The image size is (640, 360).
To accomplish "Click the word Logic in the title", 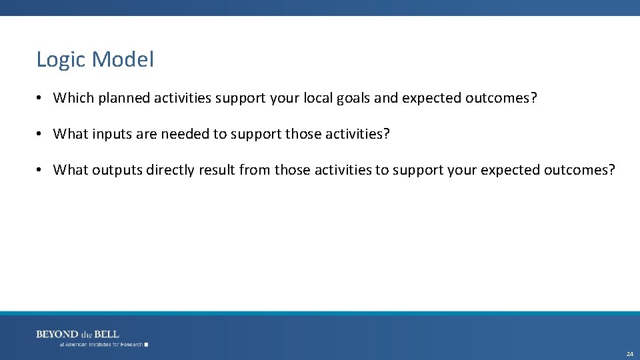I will tap(61, 60).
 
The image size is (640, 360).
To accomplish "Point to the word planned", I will tap(124, 99).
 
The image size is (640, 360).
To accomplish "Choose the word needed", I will tap(185, 134).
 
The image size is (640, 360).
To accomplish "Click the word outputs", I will tap(117, 171).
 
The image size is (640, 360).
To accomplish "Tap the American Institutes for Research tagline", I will tap(101, 345).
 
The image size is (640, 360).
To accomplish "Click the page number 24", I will tap(629, 354).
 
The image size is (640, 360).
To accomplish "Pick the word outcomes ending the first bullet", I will tap(500, 98).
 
